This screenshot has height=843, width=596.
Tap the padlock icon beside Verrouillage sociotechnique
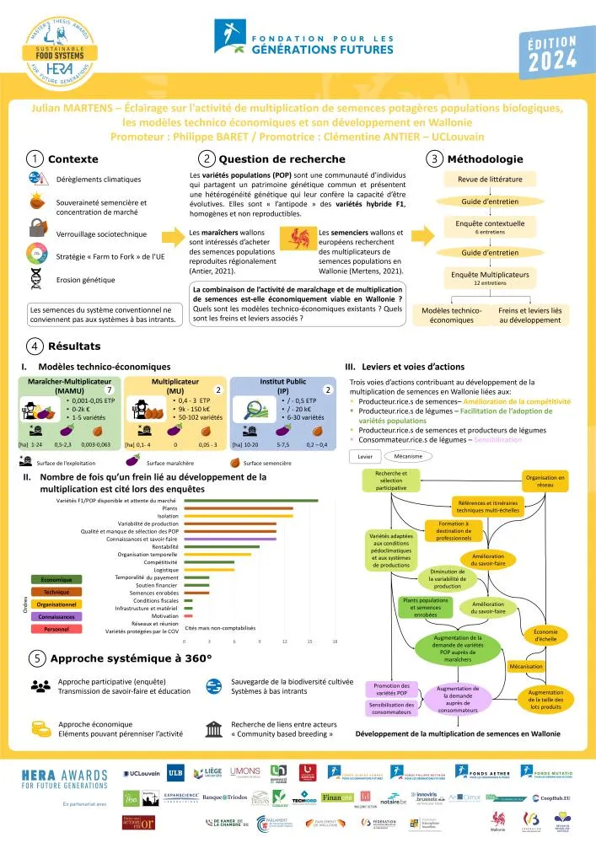tap(36, 228)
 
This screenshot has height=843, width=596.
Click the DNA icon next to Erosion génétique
tap(36, 279)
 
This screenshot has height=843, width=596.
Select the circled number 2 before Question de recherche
tap(207, 158)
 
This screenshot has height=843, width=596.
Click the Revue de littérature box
tap(490, 179)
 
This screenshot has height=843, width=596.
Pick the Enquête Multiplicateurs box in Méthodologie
tap(490, 278)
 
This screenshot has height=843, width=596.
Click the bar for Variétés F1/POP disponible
tap(250, 501)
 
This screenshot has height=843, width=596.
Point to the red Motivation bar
tap(188, 615)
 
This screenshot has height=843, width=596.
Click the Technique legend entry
tap(56, 592)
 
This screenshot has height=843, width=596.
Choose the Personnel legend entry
tap(56, 629)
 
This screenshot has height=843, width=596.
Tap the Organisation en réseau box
tap(545, 481)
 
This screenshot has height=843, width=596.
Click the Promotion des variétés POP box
tap(390, 689)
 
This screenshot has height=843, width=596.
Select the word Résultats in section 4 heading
tap(75, 346)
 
